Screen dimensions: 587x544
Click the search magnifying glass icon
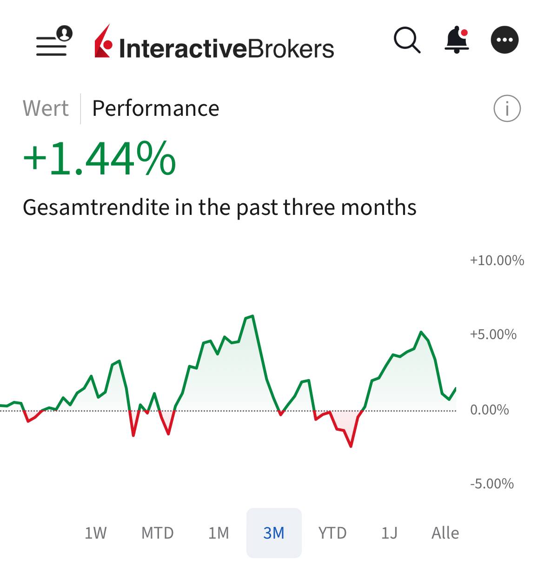[407, 40]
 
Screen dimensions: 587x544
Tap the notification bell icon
[457, 40]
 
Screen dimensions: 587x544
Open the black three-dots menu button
[504, 40]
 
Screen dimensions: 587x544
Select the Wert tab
[46, 109]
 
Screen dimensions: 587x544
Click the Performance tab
[155, 109]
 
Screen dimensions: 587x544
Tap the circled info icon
[507, 109]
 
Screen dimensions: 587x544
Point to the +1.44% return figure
[100, 159]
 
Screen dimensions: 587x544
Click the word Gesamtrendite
[96, 207]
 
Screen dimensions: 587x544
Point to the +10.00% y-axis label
[497, 260]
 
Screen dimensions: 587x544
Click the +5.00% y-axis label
[493, 334]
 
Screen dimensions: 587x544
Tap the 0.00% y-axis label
[489, 410]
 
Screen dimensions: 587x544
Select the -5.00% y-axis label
[491, 484]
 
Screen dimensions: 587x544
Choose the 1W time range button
[95, 533]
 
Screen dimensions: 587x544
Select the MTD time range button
[157, 533]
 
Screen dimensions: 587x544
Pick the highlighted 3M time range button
[274, 533]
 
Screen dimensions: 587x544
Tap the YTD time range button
[332, 533]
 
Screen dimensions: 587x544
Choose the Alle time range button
[445, 533]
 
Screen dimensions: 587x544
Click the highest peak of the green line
[252, 316]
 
